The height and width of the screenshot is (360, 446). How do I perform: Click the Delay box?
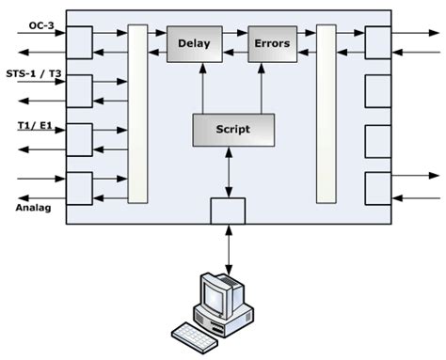[x=194, y=43]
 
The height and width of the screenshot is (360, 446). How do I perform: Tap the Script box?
[x=232, y=129]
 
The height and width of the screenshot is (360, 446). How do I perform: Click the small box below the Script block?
[x=227, y=211]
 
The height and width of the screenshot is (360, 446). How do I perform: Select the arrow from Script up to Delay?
[x=202, y=88]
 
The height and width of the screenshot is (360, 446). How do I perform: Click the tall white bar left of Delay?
[x=137, y=114]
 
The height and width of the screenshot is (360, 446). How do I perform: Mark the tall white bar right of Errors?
[x=327, y=114]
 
